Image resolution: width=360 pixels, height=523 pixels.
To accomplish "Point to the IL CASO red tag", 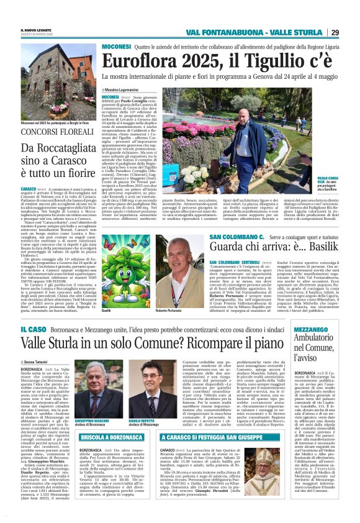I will tap(31, 328).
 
